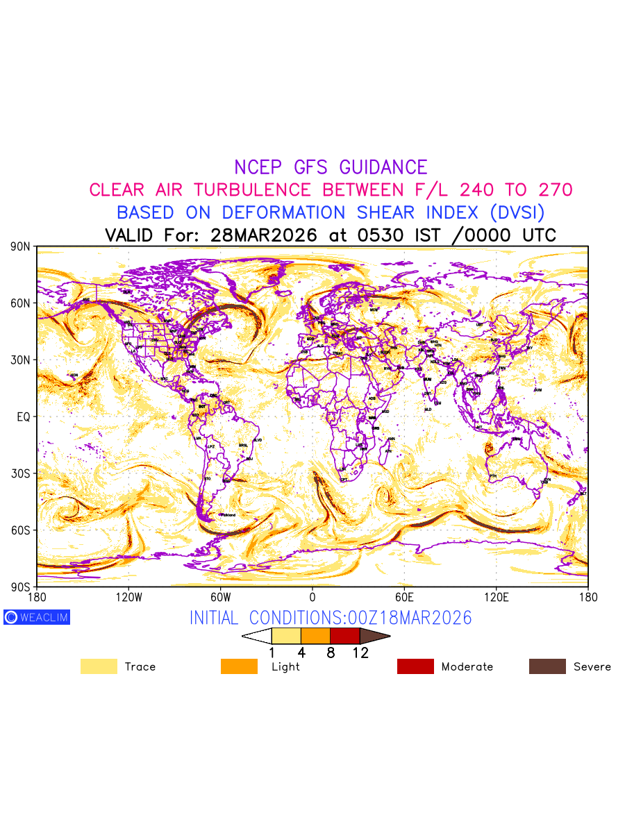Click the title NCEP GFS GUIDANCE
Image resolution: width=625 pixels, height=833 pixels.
(x=331, y=167)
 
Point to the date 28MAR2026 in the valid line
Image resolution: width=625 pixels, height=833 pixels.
(x=263, y=235)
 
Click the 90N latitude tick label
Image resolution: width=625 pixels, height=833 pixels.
(x=21, y=246)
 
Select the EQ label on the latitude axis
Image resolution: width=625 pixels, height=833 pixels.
(x=23, y=416)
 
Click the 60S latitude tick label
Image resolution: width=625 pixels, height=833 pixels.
(x=21, y=530)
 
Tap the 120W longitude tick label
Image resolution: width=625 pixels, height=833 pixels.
(x=128, y=597)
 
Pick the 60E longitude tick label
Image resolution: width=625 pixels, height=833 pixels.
(x=404, y=597)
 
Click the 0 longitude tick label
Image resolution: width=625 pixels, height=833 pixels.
(x=312, y=597)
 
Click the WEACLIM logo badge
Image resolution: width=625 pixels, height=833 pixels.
(x=37, y=617)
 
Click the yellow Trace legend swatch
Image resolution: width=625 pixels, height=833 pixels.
(x=99, y=666)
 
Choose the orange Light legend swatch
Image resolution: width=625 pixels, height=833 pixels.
(x=239, y=666)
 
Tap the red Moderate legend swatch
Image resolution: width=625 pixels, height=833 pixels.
(x=415, y=666)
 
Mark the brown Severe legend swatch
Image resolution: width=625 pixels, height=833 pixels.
(x=547, y=666)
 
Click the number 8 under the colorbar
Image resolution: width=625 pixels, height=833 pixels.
(x=331, y=653)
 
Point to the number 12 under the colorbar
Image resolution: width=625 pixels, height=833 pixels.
(x=360, y=653)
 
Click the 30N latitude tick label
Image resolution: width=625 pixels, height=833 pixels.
(x=21, y=360)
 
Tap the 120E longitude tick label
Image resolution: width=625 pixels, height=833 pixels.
(x=496, y=597)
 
